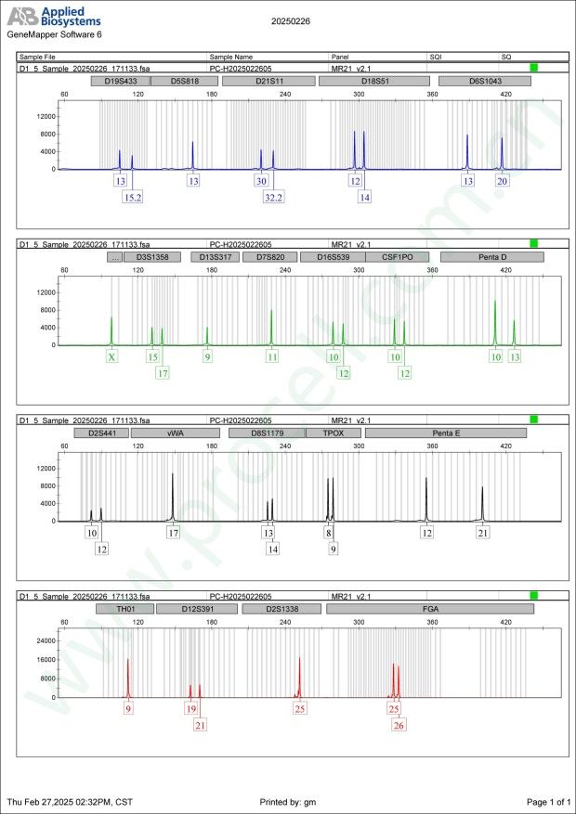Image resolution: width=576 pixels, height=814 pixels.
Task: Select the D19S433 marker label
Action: [x=120, y=82]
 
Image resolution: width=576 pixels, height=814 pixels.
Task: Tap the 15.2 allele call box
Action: [x=133, y=197]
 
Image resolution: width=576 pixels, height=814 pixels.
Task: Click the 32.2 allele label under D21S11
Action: [x=273, y=197]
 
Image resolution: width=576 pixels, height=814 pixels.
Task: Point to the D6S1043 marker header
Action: [x=484, y=82]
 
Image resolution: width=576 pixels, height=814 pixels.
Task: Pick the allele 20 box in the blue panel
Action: [x=503, y=181]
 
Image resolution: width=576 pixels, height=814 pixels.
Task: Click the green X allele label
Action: [x=112, y=356]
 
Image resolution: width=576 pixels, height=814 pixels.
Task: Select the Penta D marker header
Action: [x=491, y=257]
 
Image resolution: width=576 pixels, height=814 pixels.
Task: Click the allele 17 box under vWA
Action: [x=173, y=533]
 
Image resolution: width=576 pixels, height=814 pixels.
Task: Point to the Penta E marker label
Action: [x=445, y=433]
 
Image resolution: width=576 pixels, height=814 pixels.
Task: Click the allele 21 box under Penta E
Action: [x=483, y=533]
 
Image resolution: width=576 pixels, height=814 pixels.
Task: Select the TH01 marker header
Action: [x=124, y=609]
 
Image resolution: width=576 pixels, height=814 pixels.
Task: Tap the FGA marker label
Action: [x=430, y=609]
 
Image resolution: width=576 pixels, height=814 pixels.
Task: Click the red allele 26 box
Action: [x=399, y=725]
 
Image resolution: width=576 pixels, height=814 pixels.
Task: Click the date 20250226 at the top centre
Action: [x=291, y=19]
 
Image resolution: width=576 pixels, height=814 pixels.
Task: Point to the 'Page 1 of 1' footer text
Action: [x=547, y=801]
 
